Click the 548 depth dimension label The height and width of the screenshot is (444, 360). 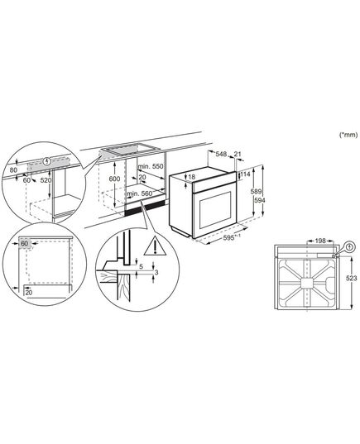tap(221, 154)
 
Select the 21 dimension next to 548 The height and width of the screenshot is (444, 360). tap(238, 154)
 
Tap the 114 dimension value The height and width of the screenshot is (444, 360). tap(245, 174)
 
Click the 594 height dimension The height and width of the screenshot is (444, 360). tap(260, 200)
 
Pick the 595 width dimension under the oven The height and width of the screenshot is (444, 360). tap(230, 238)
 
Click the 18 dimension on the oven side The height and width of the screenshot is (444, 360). tap(192, 177)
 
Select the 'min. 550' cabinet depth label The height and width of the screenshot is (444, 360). tap(151, 166)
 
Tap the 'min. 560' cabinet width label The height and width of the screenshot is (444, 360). tap(140, 193)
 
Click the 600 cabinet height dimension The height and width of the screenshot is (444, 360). tap(114, 179)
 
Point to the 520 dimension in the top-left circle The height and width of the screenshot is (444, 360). tap(46, 180)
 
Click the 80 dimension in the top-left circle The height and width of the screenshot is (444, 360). tap(13, 170)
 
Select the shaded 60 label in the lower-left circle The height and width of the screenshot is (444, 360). tap(25, 243)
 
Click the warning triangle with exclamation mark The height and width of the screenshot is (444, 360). tap(155, 246)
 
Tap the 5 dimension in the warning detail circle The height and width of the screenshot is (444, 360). tap(142, 266)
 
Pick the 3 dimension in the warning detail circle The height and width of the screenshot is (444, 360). tap(156, 272)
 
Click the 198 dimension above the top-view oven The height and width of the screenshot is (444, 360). tap(320, 241)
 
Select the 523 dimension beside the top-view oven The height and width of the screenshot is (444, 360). tap(352, 279)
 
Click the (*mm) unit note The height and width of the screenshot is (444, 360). tap(348, 135)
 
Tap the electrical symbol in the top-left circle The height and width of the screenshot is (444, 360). tap(48, 162)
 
